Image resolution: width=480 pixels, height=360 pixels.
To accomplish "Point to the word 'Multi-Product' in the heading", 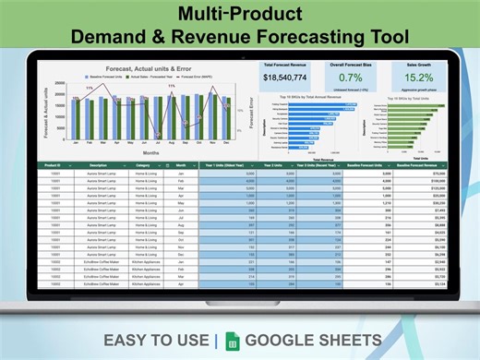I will tap(239, 16).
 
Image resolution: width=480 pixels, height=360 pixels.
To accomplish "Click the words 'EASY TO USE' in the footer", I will tap(156, 341).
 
